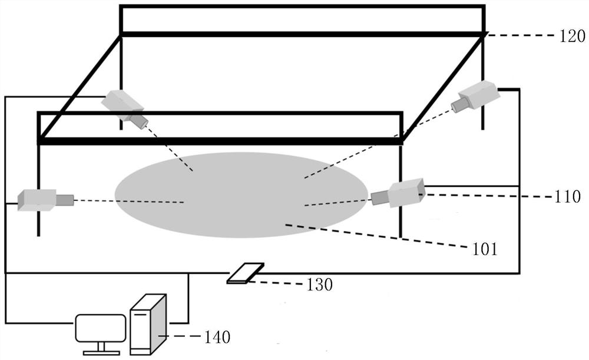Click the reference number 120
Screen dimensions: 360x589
573,37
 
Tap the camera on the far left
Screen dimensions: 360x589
38,200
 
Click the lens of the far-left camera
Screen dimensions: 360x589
64,200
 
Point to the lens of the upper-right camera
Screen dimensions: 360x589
459,105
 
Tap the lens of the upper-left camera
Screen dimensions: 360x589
140,121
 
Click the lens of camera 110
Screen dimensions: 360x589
379,198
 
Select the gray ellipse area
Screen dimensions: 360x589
241,194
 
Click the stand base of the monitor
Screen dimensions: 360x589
101,352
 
